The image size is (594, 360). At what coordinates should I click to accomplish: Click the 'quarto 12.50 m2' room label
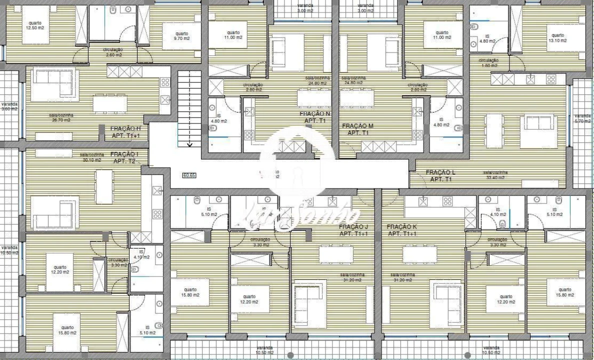point(35,25)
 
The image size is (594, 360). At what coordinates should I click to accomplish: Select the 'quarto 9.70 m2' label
point(181,36)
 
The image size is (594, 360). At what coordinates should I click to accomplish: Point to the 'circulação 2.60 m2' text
point(113,52)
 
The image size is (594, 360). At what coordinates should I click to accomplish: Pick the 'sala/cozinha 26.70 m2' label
point(60,117)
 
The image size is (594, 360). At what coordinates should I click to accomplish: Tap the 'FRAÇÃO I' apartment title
point(124,154)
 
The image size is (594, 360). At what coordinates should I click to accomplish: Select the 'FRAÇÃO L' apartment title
point(440,172)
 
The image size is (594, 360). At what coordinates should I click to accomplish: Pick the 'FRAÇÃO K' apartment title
point(401,227)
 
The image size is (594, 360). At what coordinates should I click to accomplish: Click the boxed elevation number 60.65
point(189,175)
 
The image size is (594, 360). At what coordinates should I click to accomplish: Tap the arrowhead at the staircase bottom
point(189,145)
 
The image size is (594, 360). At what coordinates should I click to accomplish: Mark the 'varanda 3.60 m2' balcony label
point(9,106)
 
